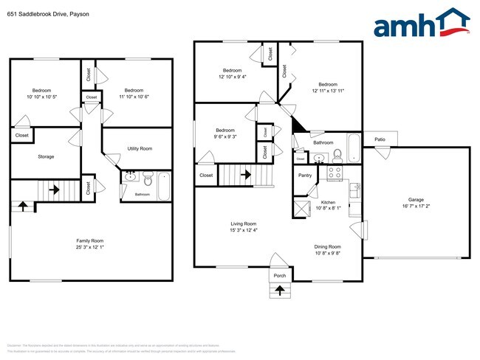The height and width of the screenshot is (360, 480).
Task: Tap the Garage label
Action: click(416, 199)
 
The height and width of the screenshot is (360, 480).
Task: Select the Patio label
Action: click(380, 139)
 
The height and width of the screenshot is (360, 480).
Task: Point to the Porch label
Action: click(280, 277)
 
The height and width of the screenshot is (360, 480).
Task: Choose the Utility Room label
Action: click(140, 149)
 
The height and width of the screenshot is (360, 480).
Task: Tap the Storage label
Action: click(47, 156)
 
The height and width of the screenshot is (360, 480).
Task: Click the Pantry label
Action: click(305, 176)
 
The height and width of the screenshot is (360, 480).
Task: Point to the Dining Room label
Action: click(328, 246)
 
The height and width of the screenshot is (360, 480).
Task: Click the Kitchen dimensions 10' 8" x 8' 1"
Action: click(328, 208)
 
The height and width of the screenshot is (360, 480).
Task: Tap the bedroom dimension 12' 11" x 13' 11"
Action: click(328, 91)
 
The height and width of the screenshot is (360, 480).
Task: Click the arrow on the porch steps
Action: click(280, 290)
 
